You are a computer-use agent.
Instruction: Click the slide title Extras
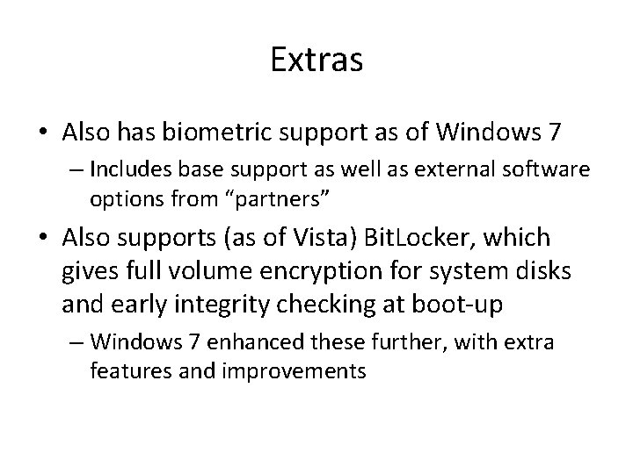[x=316, y=61]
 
